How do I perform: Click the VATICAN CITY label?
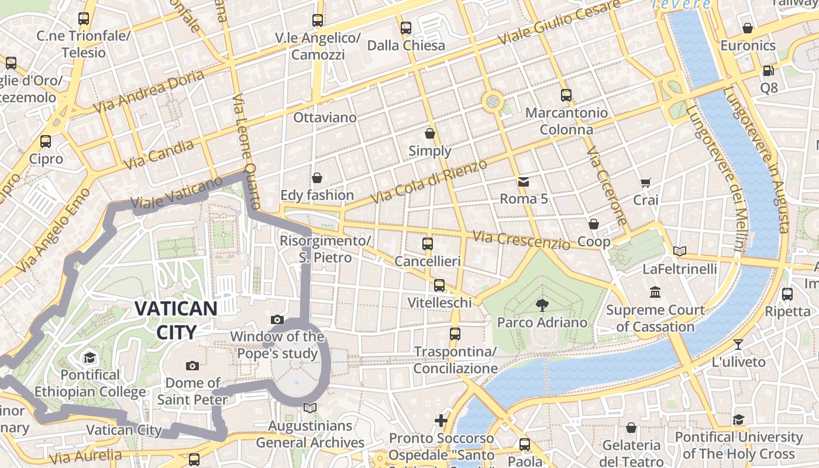(176, 319)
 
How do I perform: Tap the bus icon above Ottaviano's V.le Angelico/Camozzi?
(318, 20)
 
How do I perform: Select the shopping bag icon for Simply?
(430, 133)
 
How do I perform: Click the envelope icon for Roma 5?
(524, 182)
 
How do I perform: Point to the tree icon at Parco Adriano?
(542, 305)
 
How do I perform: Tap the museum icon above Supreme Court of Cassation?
(655, 292)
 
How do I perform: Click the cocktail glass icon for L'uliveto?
(738, 345)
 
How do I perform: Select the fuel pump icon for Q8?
(769, 71)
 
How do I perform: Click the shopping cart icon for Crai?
(645, 183)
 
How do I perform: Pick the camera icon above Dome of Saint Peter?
(192, 366)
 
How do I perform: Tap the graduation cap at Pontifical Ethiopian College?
(90, 357)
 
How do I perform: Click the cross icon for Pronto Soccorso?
(441, 421)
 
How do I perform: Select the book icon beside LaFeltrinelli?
(679, 252)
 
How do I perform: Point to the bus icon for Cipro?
(46, 142)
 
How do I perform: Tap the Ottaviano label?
(325, 118)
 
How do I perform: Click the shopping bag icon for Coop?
(594, 224)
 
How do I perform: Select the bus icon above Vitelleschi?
(439, 285)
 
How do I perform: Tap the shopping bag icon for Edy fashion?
(317, 178)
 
